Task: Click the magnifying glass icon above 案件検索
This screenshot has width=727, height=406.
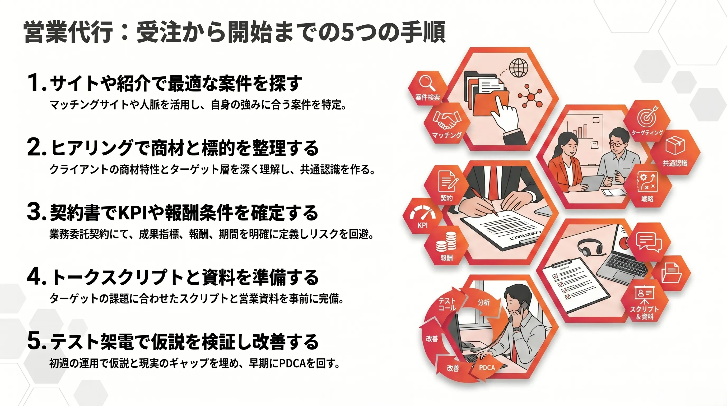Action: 426,83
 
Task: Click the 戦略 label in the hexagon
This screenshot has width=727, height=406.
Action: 647,199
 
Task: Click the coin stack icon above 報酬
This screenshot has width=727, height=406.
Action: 446,242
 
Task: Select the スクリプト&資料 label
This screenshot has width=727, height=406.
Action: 645,312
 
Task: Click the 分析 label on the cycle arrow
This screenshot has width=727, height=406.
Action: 483,302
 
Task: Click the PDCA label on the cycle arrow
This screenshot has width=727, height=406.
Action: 487,368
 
